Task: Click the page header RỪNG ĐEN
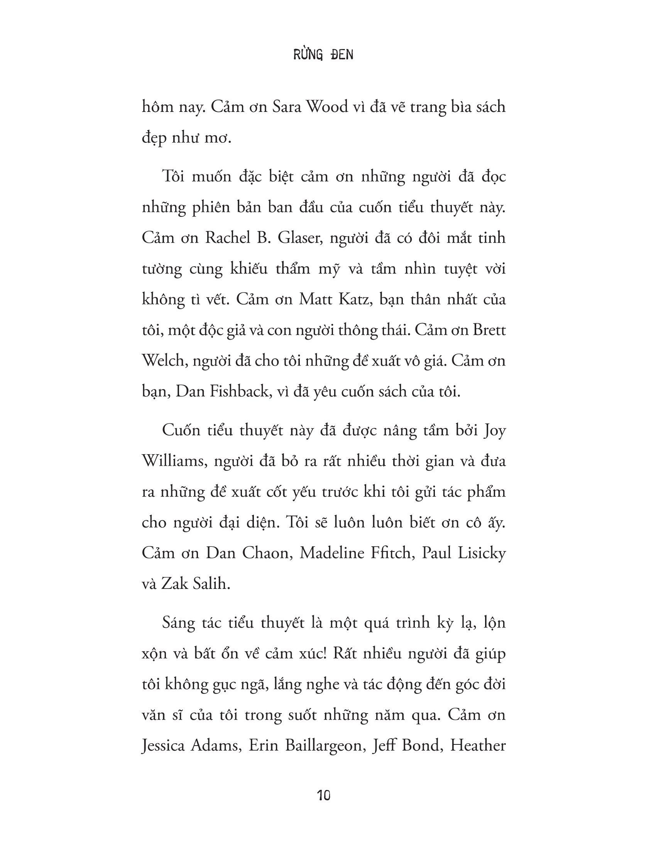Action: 323,55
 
